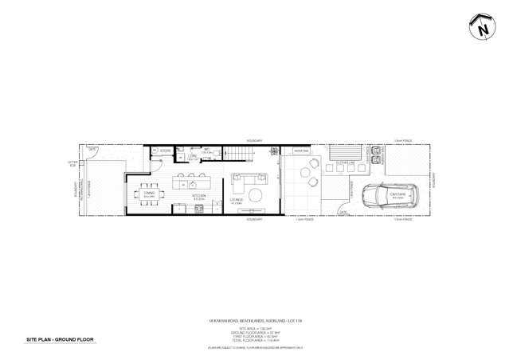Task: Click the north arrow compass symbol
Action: pyautogui.click(x=483, y=28)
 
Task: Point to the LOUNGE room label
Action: pyautogui.click(x=236, y=200)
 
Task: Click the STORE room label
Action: pyautogui.click(x=166, y=151)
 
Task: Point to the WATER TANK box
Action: pyautogui.click(x=301, y=151)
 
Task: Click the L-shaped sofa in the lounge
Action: pyautogui.click(x=241, y=179)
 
